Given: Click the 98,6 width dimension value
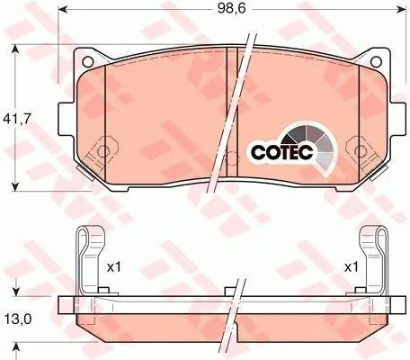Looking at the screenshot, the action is [x=231, y=9].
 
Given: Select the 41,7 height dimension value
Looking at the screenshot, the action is [x=17, y=120].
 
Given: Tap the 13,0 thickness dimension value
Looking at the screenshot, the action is [x=18, y=319].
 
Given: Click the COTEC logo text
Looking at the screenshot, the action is [x=281, y=152].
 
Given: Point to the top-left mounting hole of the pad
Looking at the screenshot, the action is [x=87, y=61].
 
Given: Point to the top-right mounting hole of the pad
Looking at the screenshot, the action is [x=376, y=61].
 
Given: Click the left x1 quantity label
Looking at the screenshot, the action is [x=113, y=266].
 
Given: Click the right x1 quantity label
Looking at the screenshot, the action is [x=351, y=266].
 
